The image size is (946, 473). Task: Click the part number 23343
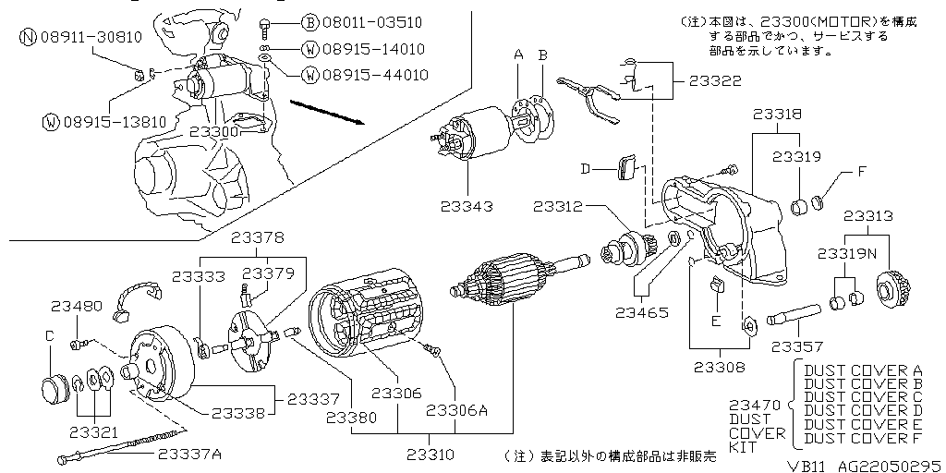(x=467, y=206)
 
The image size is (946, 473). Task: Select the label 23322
(x=714, y=81)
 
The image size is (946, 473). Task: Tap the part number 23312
(x=559, y=206)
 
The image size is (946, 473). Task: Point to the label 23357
(x=797, y=346)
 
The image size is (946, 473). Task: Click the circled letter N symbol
(x=28, y=37)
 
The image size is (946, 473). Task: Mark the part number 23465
(x=644, y=312)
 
